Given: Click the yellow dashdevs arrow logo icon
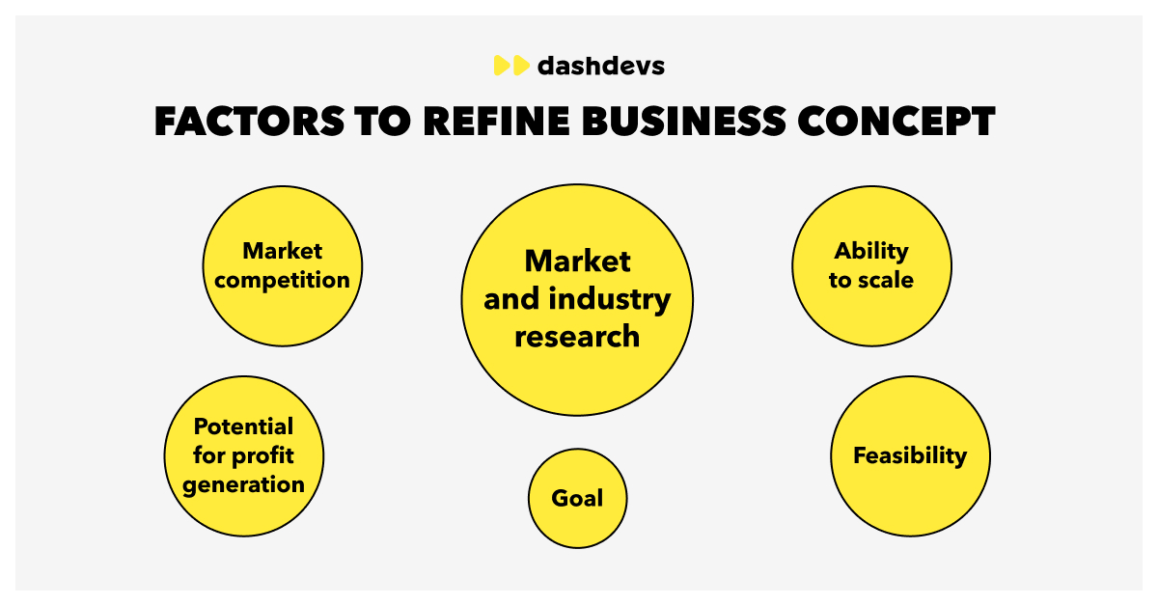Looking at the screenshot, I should (511, 66).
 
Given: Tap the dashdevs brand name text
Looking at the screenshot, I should (601, 66).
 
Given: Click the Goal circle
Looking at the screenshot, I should (577, 499).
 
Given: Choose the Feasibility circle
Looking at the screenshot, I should (910, 455).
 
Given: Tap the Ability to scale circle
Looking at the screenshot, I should (871, 265).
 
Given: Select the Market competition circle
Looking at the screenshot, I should (282, 265).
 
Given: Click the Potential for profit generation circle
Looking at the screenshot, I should (243, 455).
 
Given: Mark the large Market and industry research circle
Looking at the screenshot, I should (577, 299).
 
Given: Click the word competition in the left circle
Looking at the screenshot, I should (282, 281).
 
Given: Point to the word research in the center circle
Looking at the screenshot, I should (577, 337).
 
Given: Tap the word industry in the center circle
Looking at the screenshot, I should (609, 299).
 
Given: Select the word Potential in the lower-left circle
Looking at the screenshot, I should (243, 426).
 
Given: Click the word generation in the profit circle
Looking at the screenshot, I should (243, 484).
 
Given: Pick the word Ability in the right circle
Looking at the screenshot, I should (871, 251).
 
